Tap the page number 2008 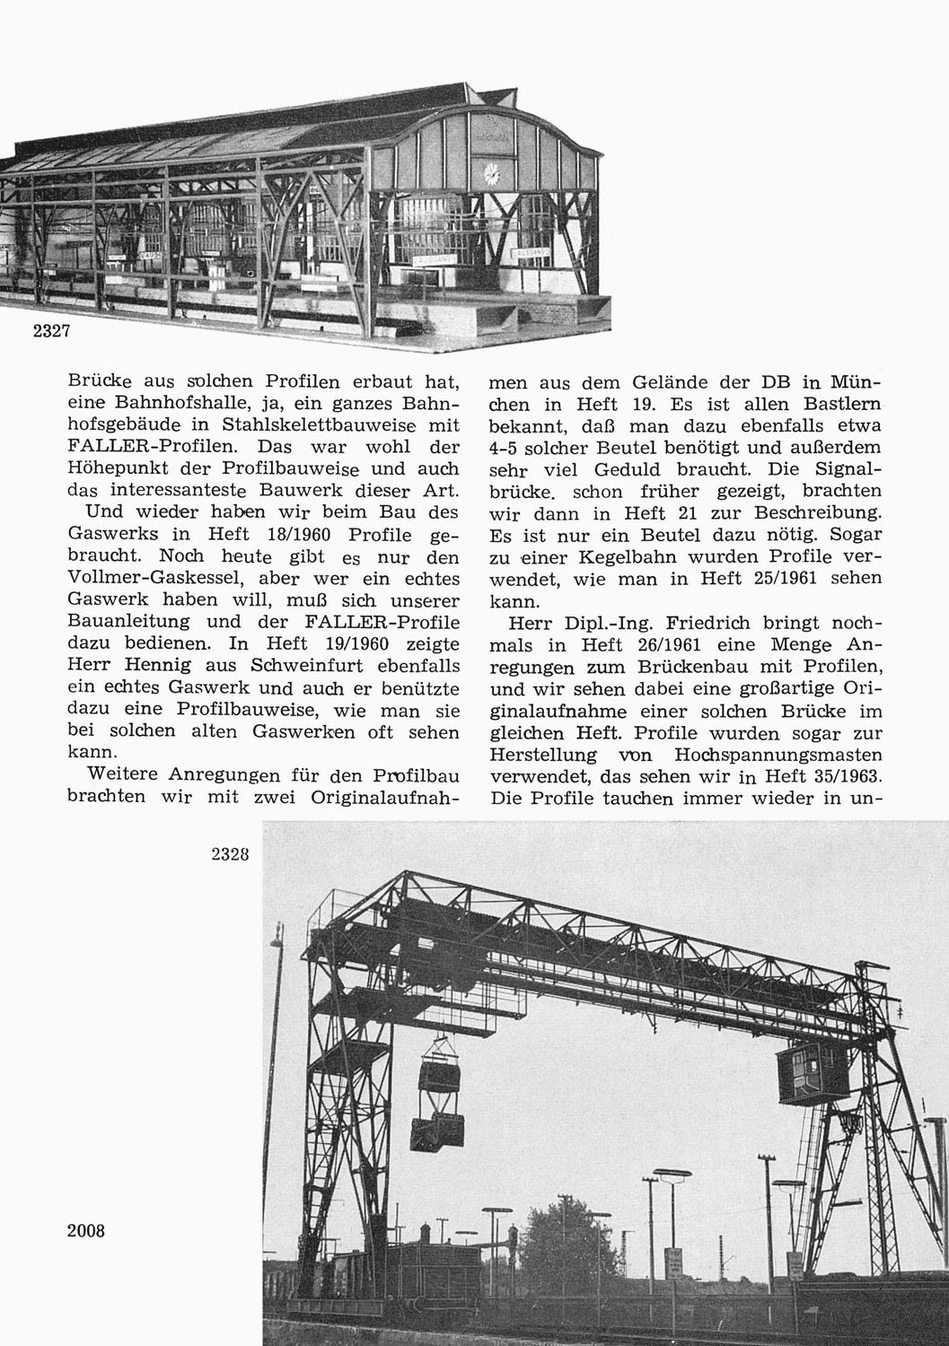pos(86,1230)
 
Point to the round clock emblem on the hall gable pos(491,172)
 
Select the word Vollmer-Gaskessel pos(151,579)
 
